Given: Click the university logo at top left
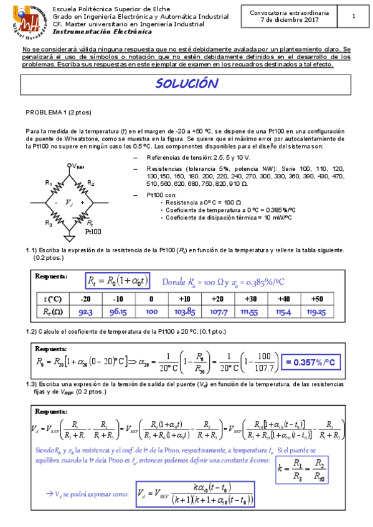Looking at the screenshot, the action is click(x=27, y=20).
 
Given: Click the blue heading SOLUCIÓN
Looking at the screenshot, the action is click(x=186, y=85).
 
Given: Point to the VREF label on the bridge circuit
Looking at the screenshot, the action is click(x=76, y=166).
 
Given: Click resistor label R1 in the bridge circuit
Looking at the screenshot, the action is click(x=49, y=183).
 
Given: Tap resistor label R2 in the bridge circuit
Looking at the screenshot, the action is click(x=90, y=183).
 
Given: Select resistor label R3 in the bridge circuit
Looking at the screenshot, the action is click(x=49, y=222).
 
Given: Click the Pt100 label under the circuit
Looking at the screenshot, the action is click(x=93, y=231).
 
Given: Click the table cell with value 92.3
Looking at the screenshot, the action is click(x=86, y=312).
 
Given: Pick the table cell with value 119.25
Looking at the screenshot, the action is click(x=318, y=312).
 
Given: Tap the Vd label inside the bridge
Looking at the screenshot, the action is click(x=70, y=203).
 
